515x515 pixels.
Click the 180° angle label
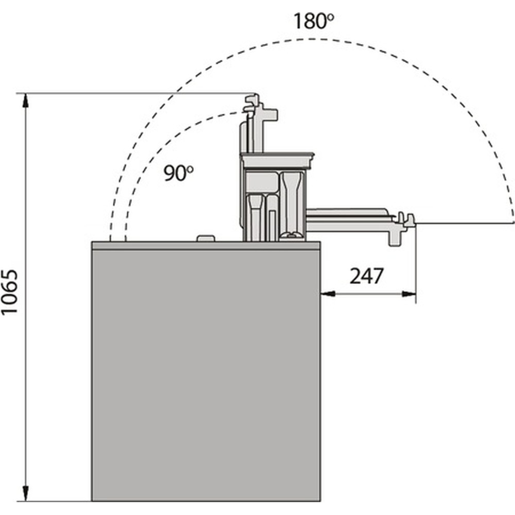point(313,21)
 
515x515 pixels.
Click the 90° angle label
point(178,173)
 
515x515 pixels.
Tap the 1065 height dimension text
point(9,293)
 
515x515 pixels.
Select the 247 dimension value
point(366,276)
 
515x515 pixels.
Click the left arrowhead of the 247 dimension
point(328,294)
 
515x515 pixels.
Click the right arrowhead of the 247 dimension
point(408,294)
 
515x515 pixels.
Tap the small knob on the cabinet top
point(205,238)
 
